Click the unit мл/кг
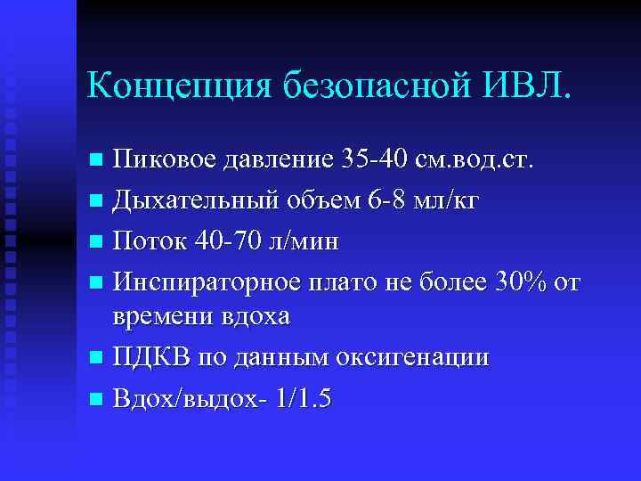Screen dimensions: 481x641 (450, 201)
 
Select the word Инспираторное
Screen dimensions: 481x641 (200, 283)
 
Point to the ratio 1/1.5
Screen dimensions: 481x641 (303, 399)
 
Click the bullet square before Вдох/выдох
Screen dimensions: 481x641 (96, 400)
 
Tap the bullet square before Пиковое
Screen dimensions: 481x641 (96, 161)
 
